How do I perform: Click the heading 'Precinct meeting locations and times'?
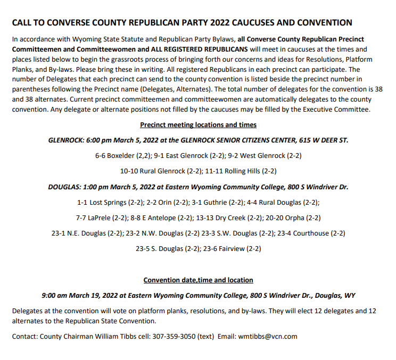tap(198, 124)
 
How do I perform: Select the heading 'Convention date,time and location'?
tap(198, 280)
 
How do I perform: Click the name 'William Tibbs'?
tap(112, 336)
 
